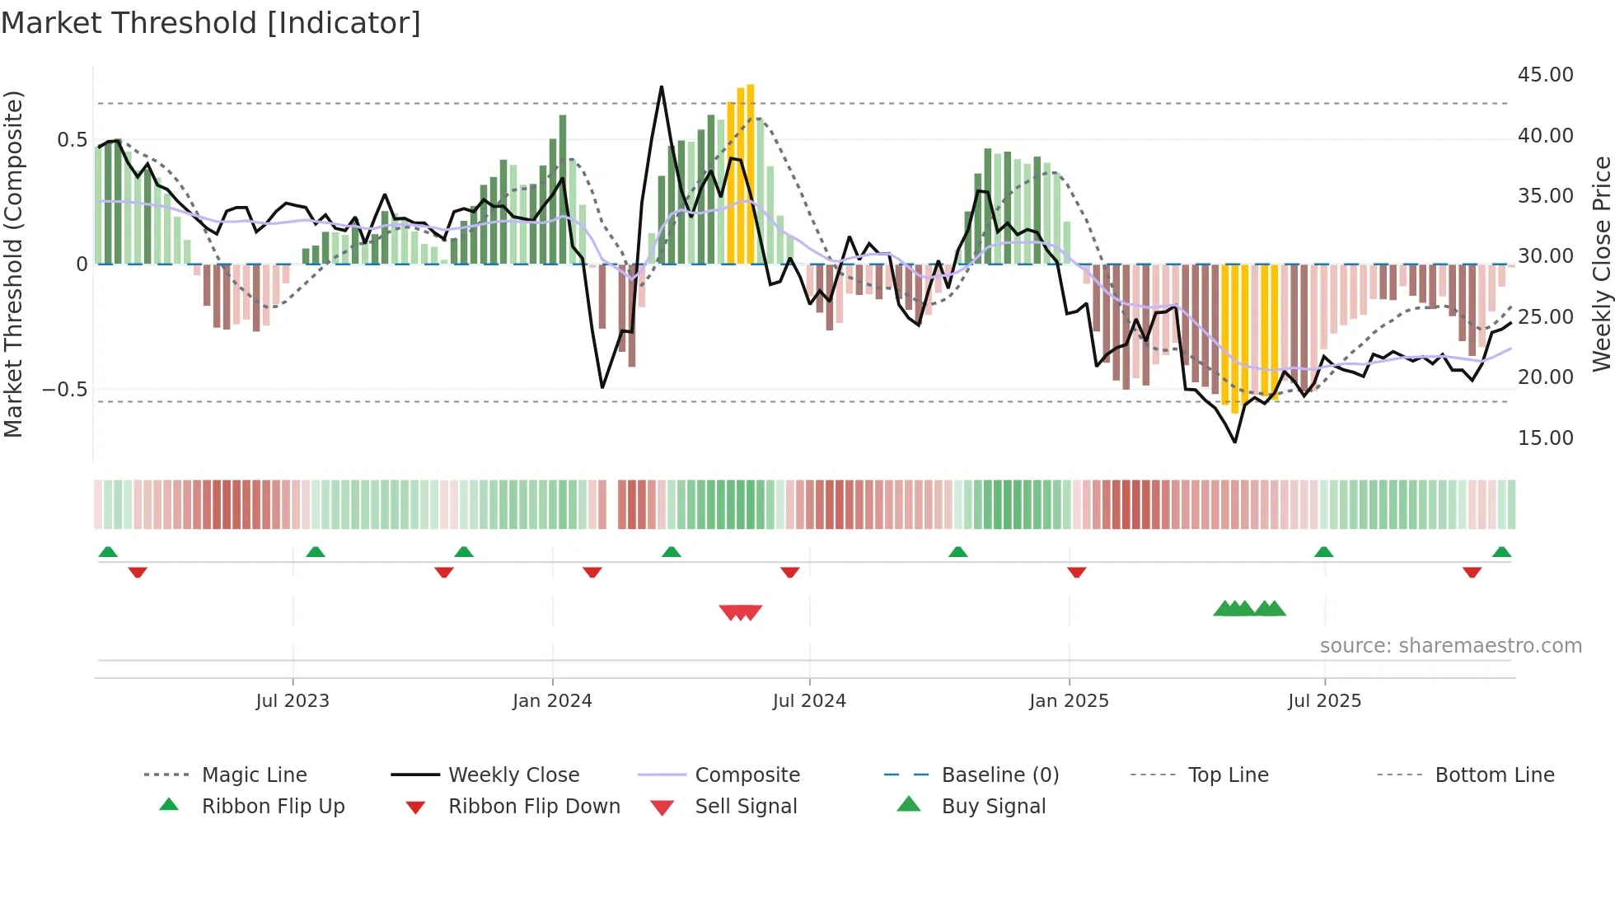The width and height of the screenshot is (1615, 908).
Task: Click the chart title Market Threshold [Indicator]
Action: [211, 22]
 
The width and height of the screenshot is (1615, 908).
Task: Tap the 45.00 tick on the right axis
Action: [1545, 75]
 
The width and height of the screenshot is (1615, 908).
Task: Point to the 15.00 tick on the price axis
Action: [1545, 438]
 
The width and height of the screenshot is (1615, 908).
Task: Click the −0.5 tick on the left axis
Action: [64, 389]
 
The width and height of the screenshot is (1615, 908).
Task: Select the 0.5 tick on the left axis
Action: [72, 140]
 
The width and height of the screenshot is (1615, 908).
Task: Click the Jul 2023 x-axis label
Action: [293, 701]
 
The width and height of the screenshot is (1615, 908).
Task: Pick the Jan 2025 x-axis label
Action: [1069, 701]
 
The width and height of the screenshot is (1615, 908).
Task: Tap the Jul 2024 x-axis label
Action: [809, 701]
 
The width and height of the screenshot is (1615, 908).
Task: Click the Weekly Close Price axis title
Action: [1601, 264]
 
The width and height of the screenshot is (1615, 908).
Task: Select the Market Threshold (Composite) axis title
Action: [13, 264]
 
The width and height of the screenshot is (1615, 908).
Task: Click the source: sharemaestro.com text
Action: [1450, 646]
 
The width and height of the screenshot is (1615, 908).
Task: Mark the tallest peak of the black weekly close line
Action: [661, 87]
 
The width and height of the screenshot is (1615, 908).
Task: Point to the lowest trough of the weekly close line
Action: [1234, 442]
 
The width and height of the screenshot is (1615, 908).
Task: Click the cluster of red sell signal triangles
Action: [740, 612]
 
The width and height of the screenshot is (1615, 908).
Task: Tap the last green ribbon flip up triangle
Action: [1501, 552]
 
